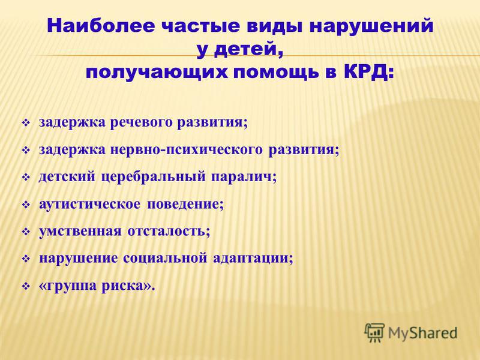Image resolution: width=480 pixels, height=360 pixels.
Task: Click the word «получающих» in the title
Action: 157,73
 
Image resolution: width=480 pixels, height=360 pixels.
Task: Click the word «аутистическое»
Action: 89,204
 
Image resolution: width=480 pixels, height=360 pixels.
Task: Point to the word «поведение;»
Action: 185,204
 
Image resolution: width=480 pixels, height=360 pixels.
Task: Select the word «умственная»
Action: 80,232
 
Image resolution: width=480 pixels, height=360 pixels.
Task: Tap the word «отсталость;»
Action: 169,232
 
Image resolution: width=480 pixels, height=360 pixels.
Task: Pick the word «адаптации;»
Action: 253,259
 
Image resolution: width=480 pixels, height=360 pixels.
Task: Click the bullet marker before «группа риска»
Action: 26,287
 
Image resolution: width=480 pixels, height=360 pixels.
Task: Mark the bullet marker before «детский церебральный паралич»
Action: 26,178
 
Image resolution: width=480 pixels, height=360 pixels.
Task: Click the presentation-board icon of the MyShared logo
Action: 374,332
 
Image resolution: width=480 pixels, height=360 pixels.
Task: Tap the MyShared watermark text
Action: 422,333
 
